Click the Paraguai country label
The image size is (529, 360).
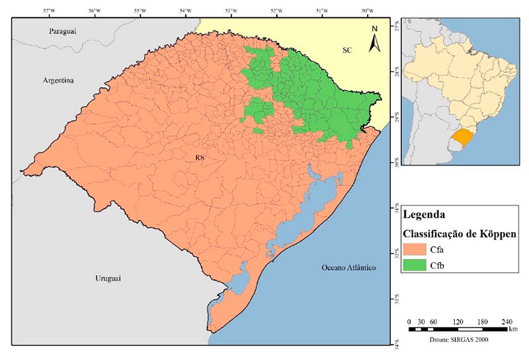pyautogui.click(x=63, y=32)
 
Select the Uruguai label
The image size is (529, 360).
pyautogui.click(x=104, y=280)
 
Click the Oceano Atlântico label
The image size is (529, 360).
pyautogui.click(x=348, y=267)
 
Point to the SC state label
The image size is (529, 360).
pyautogui.click(x=348, y=50)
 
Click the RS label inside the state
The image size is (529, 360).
pyautogui.click(x=199, y=157)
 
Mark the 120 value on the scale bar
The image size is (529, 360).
pyautogui.click(x=458, y=321)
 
